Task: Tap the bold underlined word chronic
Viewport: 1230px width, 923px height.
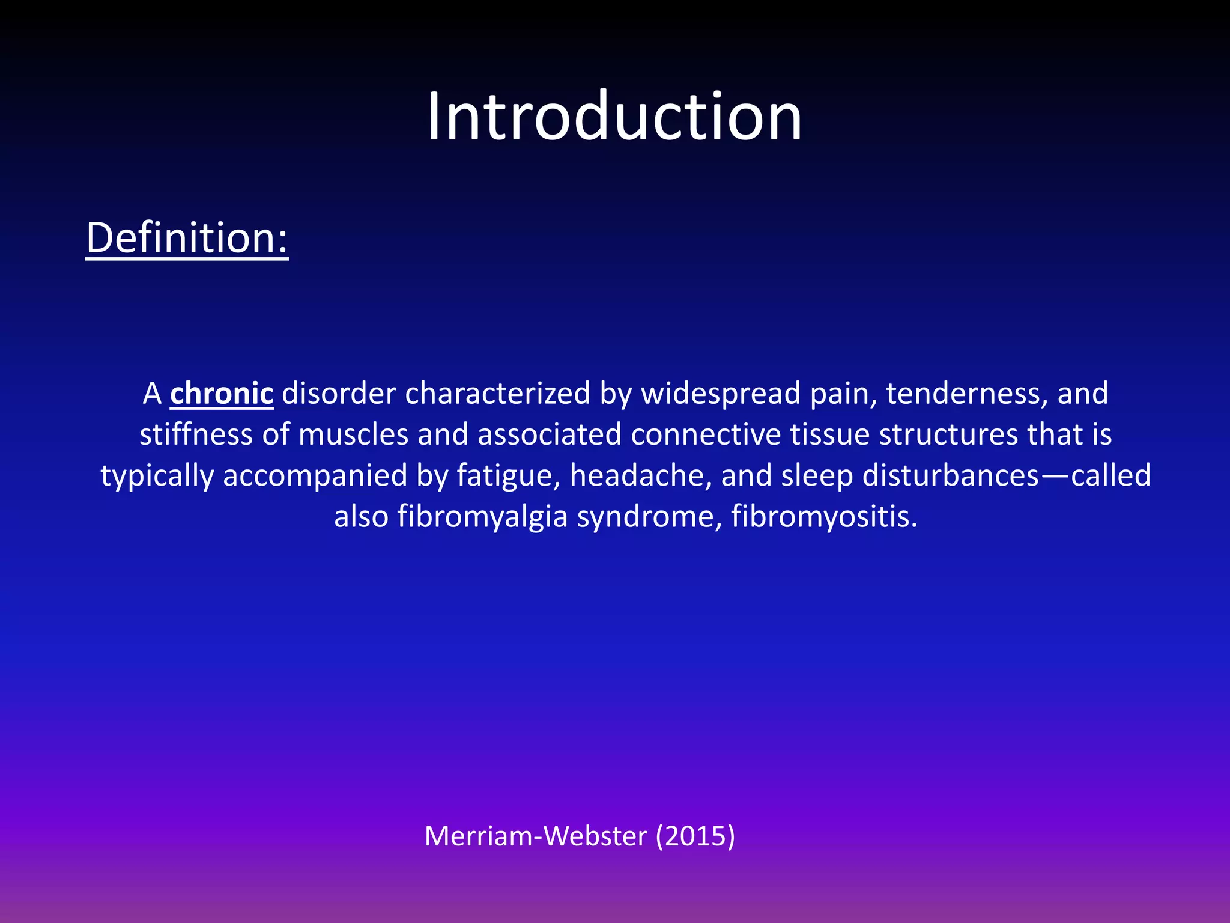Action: (x=222, y=394)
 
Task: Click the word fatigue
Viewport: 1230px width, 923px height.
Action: (x=508, y=476)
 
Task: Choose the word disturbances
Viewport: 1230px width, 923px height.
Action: (x=951, y=475)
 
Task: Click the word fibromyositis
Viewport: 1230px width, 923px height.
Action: (x=824, y=517)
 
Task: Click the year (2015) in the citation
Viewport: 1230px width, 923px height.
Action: (x=695, y=836)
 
